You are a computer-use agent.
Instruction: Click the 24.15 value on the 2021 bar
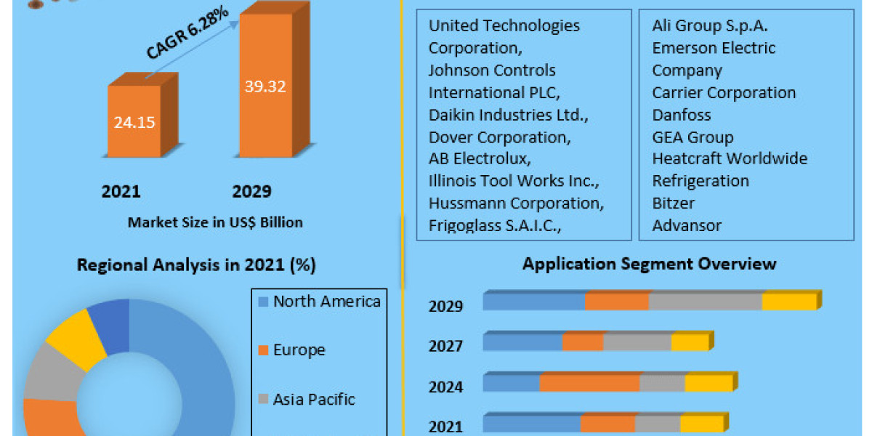pos(134,122)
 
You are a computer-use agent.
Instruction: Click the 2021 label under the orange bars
pos(121,192)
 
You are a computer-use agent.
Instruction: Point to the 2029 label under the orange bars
pos(251,192)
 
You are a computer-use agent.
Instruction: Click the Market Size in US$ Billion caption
pos(215,222)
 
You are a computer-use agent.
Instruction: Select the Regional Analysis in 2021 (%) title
pos(196,265)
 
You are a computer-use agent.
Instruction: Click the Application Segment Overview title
pos(649,263)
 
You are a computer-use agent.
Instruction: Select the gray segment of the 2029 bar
pos(705,302)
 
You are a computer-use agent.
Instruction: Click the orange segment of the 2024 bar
pos(589,383)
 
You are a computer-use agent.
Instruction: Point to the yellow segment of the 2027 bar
pos(690,342)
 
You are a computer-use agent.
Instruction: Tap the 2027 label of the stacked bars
pos(445,346)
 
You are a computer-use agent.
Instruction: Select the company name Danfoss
pos(681,115)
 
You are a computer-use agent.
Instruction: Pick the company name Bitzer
pos(673,203)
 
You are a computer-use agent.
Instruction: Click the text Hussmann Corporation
pos(515,203)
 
